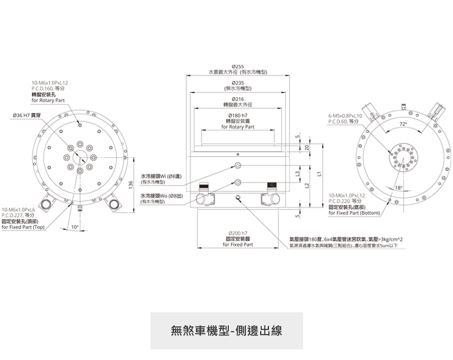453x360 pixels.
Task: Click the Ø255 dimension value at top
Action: [x=238, y=67]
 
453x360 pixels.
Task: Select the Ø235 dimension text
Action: [x=238, y=82]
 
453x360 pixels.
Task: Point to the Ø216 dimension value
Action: [x=238, y=98]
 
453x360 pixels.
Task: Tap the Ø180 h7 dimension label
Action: [x=238, y=115]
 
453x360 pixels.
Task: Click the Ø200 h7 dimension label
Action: [x=238, y=233]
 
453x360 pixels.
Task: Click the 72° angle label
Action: [x=403, y=124]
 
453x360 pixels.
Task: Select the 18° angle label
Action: [x=399, y=187]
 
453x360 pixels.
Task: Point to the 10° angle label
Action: [x=74, y=226]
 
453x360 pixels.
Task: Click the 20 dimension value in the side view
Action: [x=307, y=147]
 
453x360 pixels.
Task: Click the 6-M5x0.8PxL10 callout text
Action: [x=346, y=115]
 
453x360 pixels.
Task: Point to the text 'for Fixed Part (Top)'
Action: [x=23, y=227]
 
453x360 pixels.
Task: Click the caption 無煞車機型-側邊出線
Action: [x=226, y=331]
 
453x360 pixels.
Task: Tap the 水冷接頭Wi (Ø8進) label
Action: [x=159, y=176]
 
